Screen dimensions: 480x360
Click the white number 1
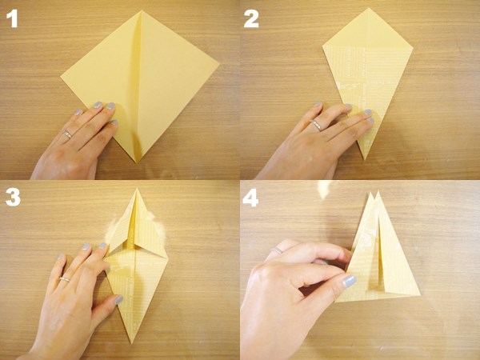coord(12,19)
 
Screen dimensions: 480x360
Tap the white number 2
coord(251,19)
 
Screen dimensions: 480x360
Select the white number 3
coord(13,197)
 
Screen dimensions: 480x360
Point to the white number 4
coord(250,198)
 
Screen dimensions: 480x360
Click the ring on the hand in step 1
coord(68,134)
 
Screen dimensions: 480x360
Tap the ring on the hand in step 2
coord(316,126)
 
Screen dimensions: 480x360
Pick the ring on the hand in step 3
coord(65,279)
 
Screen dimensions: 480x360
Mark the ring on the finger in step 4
coord(277,250)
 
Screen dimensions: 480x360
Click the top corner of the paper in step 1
coord(142,10)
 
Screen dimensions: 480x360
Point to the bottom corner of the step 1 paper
coord(136,162)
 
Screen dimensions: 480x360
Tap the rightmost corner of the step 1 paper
coord(219,64)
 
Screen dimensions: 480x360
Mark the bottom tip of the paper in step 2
coord(364,159)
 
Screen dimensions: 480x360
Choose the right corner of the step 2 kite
coord(413,48)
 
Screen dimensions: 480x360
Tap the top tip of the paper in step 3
coord(137,189)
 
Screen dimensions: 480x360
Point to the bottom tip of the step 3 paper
coord(132,343)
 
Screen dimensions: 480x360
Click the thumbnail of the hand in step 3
coord(118,299)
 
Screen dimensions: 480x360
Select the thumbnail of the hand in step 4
coord(349,281)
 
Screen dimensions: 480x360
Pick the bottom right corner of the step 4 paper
coord(420,295)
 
